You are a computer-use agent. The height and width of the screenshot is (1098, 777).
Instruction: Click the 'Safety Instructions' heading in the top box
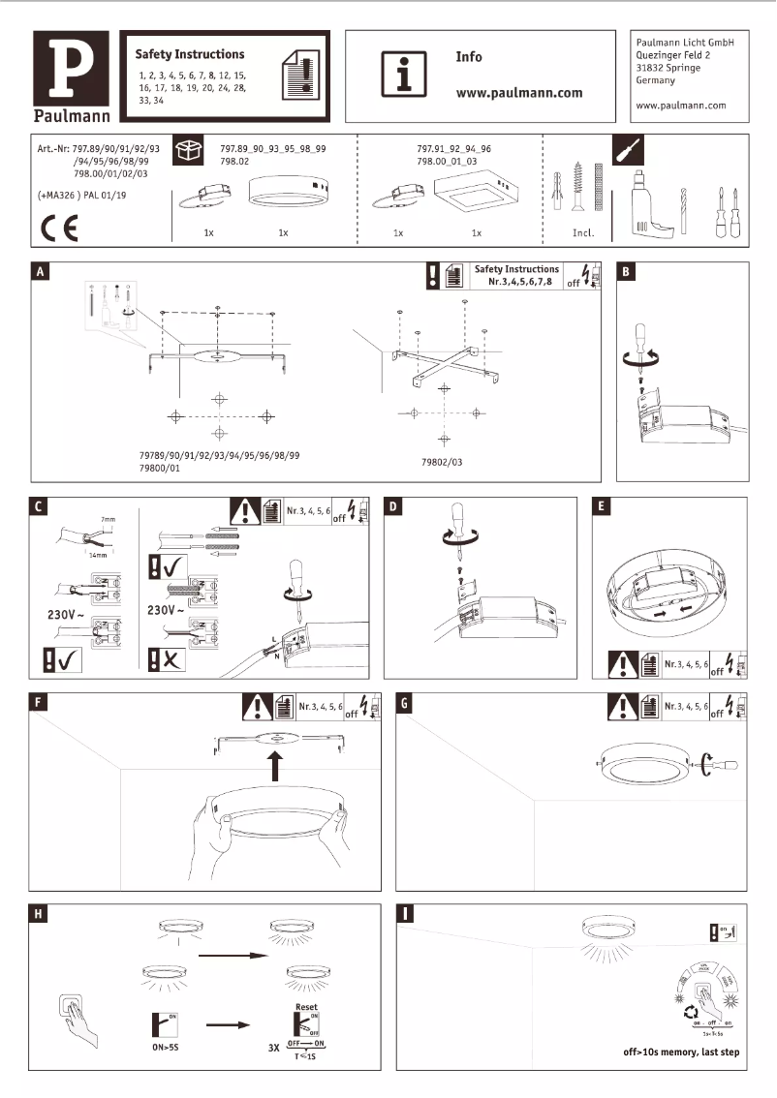click(190, 54)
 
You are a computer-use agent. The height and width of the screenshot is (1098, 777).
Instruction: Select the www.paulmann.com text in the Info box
click(518, 93)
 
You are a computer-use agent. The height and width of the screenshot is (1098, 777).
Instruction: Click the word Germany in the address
click(655, 81)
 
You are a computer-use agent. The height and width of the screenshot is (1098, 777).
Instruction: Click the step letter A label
click(40, 272)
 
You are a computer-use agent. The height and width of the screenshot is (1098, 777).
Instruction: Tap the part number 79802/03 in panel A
click(442, 463)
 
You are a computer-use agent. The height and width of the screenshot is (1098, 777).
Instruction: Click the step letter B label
click(627, 272)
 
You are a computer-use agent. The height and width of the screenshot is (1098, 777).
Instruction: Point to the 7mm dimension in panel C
click(108, 520)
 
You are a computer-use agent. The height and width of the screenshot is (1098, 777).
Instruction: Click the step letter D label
click(394, 507)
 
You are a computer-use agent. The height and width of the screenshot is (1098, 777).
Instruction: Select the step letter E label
click(602, 507)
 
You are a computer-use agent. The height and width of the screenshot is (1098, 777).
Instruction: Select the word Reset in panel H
click(304, 1007)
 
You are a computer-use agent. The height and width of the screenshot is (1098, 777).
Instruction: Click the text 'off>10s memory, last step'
click(682, 1052)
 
